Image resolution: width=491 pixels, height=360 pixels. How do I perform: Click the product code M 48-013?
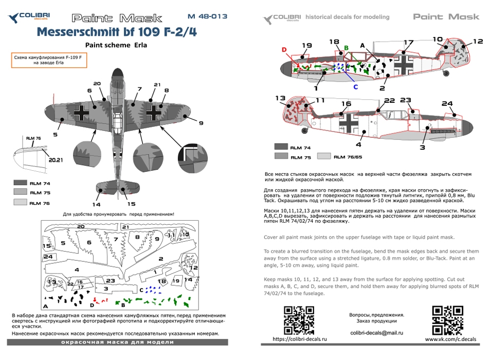point(207,16)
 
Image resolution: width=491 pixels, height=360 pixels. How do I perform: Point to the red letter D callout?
point(284,49)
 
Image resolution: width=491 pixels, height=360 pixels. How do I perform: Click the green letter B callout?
point(346,48)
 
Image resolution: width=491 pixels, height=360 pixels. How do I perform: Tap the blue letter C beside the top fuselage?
point(355,86)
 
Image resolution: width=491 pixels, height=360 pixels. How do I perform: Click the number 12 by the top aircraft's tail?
point(478,41)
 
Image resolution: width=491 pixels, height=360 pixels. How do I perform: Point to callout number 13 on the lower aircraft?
point(280,98)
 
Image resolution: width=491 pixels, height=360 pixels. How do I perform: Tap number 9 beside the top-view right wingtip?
point(201,122)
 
